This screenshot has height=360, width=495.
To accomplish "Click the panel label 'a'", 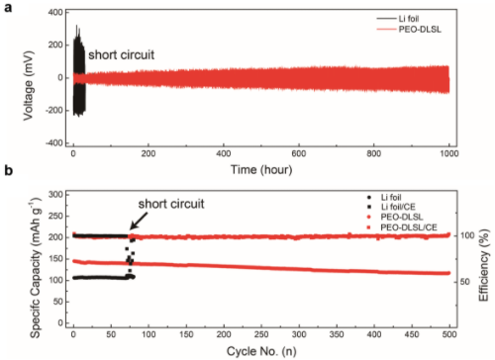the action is [8, 7].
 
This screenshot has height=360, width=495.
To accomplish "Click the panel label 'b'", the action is [8, 170].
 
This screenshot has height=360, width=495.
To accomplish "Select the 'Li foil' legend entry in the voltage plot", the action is [398, 19].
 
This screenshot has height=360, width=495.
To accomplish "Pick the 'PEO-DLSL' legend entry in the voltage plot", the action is [409, 30].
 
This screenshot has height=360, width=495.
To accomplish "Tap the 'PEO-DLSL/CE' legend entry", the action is [402, 227].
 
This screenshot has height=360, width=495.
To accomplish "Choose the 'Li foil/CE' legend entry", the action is [391, 207].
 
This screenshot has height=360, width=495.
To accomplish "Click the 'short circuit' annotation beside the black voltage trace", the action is [121, 54].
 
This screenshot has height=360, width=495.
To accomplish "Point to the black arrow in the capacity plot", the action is [139, 221].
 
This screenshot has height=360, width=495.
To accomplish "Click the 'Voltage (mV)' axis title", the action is [29, 85].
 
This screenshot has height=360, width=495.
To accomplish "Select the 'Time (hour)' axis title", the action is [261, 170].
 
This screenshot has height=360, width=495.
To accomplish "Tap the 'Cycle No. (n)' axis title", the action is [261, 351].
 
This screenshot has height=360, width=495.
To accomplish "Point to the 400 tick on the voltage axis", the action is [55, 13].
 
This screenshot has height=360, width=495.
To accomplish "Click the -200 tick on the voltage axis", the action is [54, 111].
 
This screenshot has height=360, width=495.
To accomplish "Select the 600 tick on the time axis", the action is [299, 153].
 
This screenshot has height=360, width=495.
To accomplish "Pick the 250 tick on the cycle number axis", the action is [261, 334].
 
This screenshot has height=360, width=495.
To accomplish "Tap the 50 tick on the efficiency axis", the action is [464, 282].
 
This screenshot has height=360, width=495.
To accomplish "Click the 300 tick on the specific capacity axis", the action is [55, 195].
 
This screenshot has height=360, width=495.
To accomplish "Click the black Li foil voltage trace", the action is [79, 70].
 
